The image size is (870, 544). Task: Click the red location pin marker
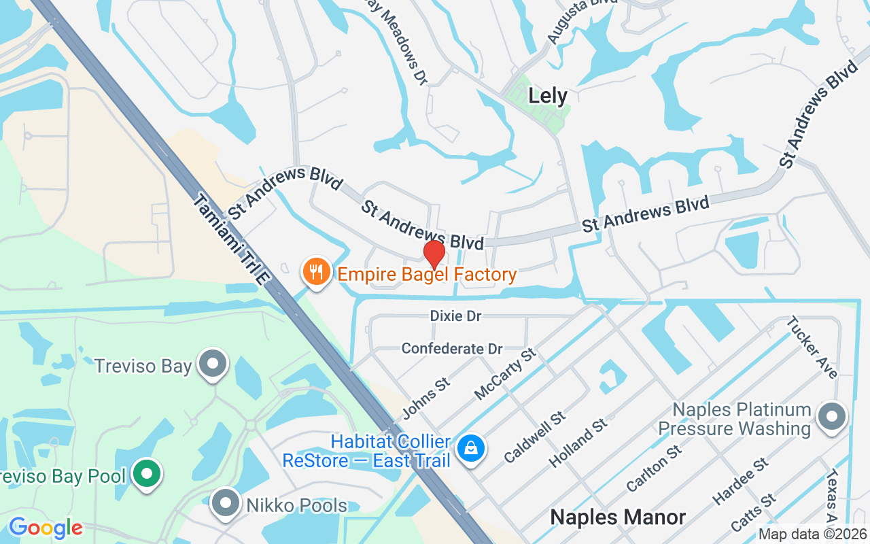click(x=434, y=254)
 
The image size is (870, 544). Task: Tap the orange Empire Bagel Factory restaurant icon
click(x=316, y=272)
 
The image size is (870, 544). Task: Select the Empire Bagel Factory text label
click(x=427, y=275)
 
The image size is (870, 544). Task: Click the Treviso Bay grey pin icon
click(x=214, y=364)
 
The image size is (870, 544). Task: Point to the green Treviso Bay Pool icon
click(x=146, y=474)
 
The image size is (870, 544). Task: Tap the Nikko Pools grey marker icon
click(x=225, y=504)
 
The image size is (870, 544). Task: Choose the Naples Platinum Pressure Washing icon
click(x=831, y=417)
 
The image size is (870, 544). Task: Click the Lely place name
click(x=548, y=96)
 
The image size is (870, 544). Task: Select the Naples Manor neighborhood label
click(x=618, y=517)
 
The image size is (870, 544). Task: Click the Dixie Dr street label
click(x=455, y=316)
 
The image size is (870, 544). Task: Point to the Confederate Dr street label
click(x=452, y=349)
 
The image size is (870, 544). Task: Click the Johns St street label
click(x=425, y=398)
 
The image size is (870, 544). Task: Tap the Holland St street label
click(x=578, y=443)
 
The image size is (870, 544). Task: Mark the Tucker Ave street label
click(x=812, y=347)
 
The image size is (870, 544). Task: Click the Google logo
click(x=46, y=528)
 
